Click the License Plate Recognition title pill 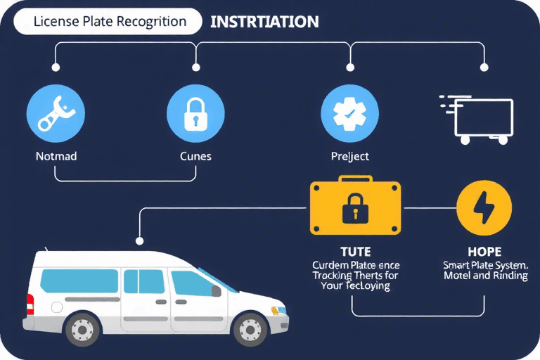click(110, 22)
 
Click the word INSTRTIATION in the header click(264, 22)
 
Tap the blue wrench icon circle click(56, 112)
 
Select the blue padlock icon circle click(195, 112)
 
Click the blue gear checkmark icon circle click(349, 112)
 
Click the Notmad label click(56, 155)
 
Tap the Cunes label click(195, 155)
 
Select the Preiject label click(349, 155)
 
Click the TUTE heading click(355, 251)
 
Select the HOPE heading click(485, 251)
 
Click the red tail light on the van click(30, 304)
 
